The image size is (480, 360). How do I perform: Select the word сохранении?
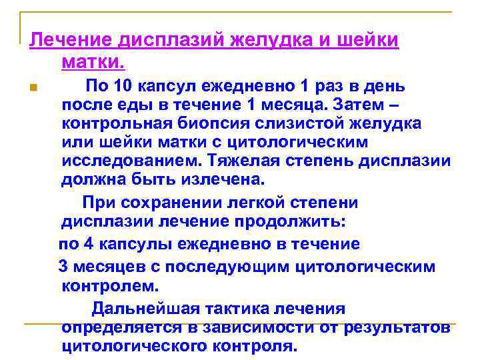pos(155,203)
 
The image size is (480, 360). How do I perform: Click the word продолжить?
pos(307,221)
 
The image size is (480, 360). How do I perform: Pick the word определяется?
pos(121,328)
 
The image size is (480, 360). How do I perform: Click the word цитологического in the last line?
pos(134,347)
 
